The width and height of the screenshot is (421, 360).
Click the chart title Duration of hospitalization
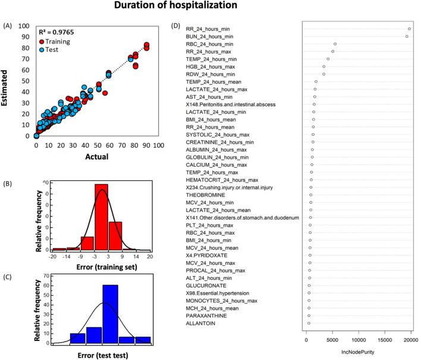[210, 8]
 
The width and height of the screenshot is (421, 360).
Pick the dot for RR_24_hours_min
[410, 29]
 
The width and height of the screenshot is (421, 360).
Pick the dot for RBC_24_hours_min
[335, 44]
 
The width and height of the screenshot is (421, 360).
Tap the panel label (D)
[176, 26]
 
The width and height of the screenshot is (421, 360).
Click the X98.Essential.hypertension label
[217, 293]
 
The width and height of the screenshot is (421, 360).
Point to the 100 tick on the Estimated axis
[24, 26]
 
